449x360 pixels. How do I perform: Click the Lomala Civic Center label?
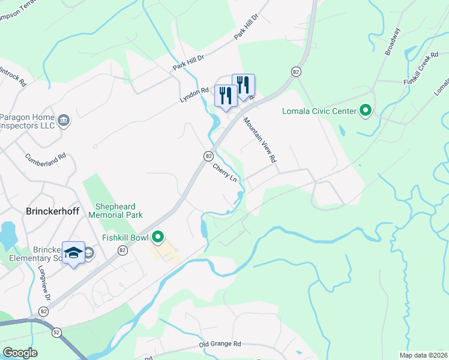[x=319, y=111]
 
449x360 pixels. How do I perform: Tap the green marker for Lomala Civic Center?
[x=365, y=110]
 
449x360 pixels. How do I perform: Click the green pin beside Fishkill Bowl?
[x=158, y=238]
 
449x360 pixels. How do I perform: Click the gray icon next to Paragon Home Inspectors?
[x=64, y=121]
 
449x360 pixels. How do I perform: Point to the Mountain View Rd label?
[x=260, y=140]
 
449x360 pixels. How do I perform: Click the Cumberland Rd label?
[x=46, y=164]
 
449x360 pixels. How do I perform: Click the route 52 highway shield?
[x=56, y=331]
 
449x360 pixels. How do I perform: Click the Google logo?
[x=20, y=352]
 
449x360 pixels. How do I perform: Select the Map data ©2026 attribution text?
[x=423, y=355]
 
